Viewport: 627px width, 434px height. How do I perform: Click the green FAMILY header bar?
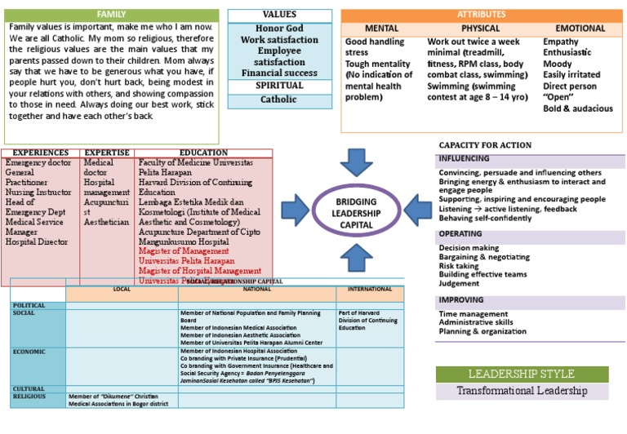(111, 15)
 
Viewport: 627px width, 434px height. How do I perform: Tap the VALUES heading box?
(279, 15)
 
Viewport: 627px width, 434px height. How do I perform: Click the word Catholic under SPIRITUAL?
(279, 100)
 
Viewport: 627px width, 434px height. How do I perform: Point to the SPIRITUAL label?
(279, 86)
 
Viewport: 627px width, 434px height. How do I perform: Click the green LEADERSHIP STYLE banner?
(522, 374)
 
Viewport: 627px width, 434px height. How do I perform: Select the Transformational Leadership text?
(522, 391)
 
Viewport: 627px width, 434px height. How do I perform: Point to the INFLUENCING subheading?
(465, 158)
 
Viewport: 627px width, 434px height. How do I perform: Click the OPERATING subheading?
(461, 233)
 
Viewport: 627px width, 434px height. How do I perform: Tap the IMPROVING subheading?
(461, 299)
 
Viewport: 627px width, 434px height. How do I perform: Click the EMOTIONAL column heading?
(580, 29)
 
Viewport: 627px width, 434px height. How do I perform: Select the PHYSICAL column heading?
(480, 29)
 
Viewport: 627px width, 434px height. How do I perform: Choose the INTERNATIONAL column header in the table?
(370, 290)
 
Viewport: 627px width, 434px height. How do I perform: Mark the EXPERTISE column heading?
(107, 153)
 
